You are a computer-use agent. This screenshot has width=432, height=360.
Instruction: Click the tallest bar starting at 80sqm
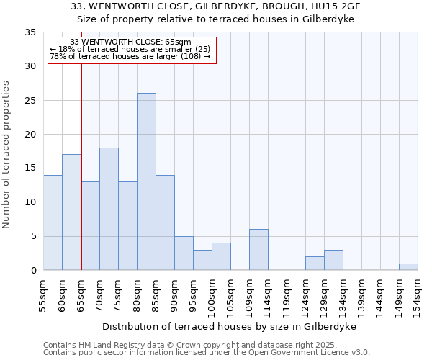point(146,181)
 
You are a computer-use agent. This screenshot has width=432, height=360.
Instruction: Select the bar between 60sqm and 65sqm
point(71,212)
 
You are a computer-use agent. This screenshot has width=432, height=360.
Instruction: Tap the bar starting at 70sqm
point(109,209)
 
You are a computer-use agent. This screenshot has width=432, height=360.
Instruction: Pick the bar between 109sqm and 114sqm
point(258,250)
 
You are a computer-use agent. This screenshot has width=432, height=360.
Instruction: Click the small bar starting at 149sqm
point(408,267)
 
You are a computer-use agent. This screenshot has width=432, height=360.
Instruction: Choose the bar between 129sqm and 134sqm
point(333,260)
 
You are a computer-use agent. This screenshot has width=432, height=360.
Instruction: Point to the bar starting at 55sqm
point(53,222)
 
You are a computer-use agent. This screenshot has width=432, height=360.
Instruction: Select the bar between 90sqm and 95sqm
point(184,253)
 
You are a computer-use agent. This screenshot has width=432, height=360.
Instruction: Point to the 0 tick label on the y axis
point(32,271)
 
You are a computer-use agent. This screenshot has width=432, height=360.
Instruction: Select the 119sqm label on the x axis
point(287,295)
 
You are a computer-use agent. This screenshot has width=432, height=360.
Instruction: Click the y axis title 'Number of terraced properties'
point(7,155)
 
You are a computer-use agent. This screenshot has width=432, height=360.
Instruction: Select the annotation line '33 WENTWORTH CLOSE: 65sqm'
point(131,42)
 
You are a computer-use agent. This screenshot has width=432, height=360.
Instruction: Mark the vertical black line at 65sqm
point(81,166)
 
